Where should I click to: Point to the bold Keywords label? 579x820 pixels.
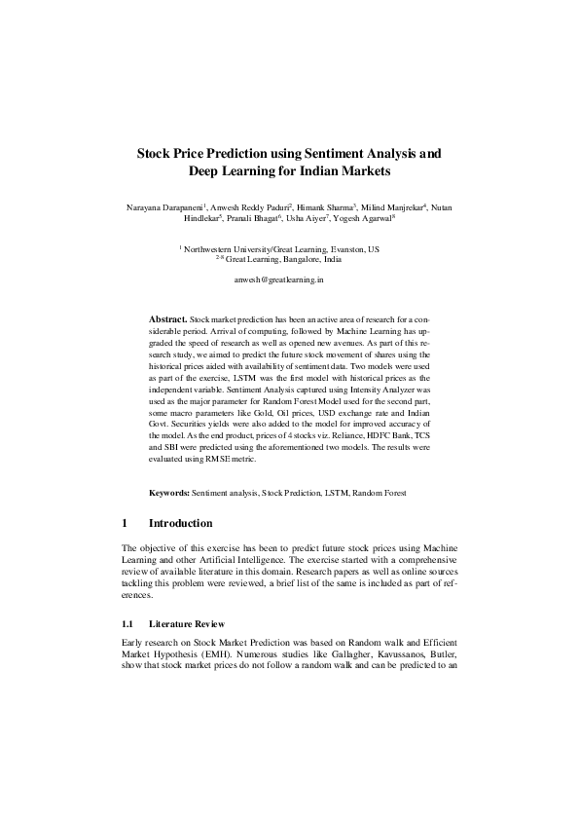pos(168,494)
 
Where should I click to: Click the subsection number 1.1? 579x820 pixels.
pos(127,623)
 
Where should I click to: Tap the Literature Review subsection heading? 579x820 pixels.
pos(187,623)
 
